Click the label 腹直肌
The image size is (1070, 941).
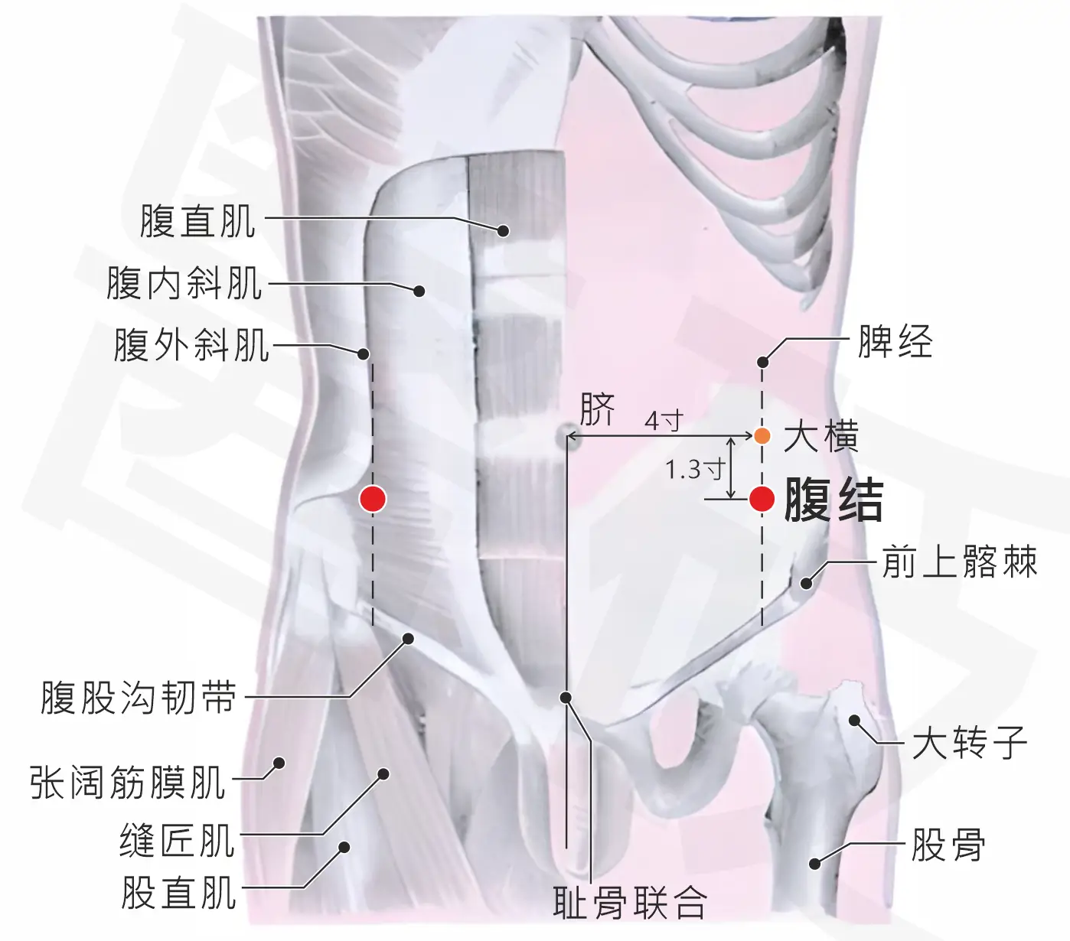pyautogui.click(x=197, y=221)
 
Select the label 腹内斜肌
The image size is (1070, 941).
pyautogui.click(x=184, y=282)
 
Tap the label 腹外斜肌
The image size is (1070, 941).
pyautogui.click(x=191, y=344)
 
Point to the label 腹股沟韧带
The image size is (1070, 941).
pyautogui.click(x=139, y=698)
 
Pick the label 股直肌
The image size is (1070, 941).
pyautogui.click(x=178, y=893)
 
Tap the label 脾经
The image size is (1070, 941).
pyautogui.click(x=895, y=341)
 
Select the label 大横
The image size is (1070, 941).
pyautogui.click(x=820, y=436)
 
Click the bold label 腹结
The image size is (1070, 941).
pyautogui.click(x=834, y=500)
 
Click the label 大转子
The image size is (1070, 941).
pyautogui.click(x=970, y=742)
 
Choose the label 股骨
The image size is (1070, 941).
pyautogui.click(x=948, y=845)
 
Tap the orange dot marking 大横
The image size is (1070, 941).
pyautogui.click(x=762, y=436)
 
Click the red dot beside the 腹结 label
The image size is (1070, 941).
pyautogui.click(x=762, y=499)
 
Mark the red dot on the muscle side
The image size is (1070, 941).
pyautogui.click(x=373, y=499)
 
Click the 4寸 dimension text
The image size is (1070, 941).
pyautogui.click(x=664, y=421)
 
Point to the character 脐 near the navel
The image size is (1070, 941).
pyautogui.click(x=598, y=409)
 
